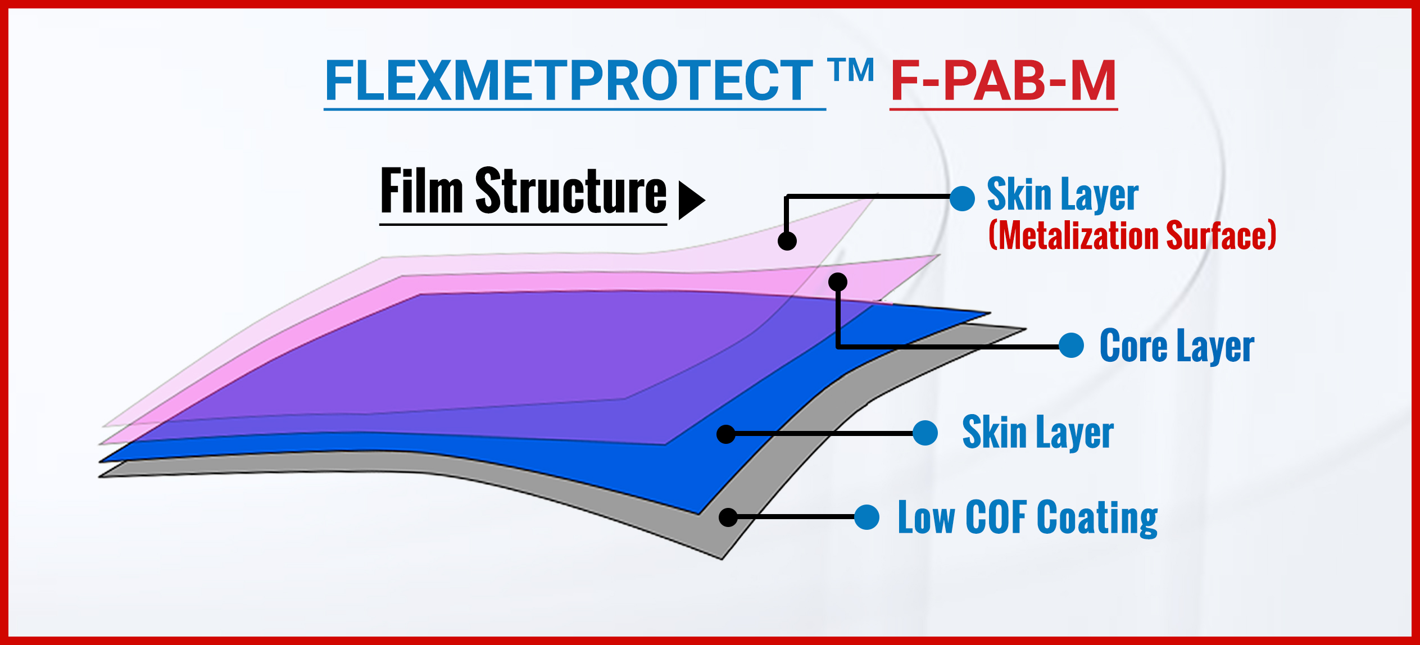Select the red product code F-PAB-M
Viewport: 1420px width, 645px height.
(x=1004, y=81)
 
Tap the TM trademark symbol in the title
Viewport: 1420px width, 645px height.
(x=851, y=70)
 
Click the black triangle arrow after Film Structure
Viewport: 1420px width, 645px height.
(x=692, y=200)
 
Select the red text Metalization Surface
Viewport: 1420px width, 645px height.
(x=1132, y=235)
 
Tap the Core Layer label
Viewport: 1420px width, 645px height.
(x=1177, y=346)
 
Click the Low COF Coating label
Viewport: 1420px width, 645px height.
(x=1028, y=517)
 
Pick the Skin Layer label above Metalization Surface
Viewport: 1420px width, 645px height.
(x=1063, y=194)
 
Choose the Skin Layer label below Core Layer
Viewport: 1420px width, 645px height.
(x=1038, y=432)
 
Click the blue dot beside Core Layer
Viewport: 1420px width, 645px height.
(x=1071, y=345)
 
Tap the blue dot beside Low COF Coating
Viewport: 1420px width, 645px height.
(x=866, y=517)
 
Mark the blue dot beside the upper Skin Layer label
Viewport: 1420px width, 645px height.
(x=962, y=199)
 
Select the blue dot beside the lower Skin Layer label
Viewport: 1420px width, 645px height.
(x=925, y=433)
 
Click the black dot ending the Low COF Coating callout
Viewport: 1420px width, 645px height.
(x=728, y=517)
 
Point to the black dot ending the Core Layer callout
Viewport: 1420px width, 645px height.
(x=838, y=282)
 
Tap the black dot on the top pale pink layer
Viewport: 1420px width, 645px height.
(x=787, y=241)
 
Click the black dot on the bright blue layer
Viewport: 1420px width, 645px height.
(x=726, y=434)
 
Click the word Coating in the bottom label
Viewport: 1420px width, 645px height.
(x=1097, y=518)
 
